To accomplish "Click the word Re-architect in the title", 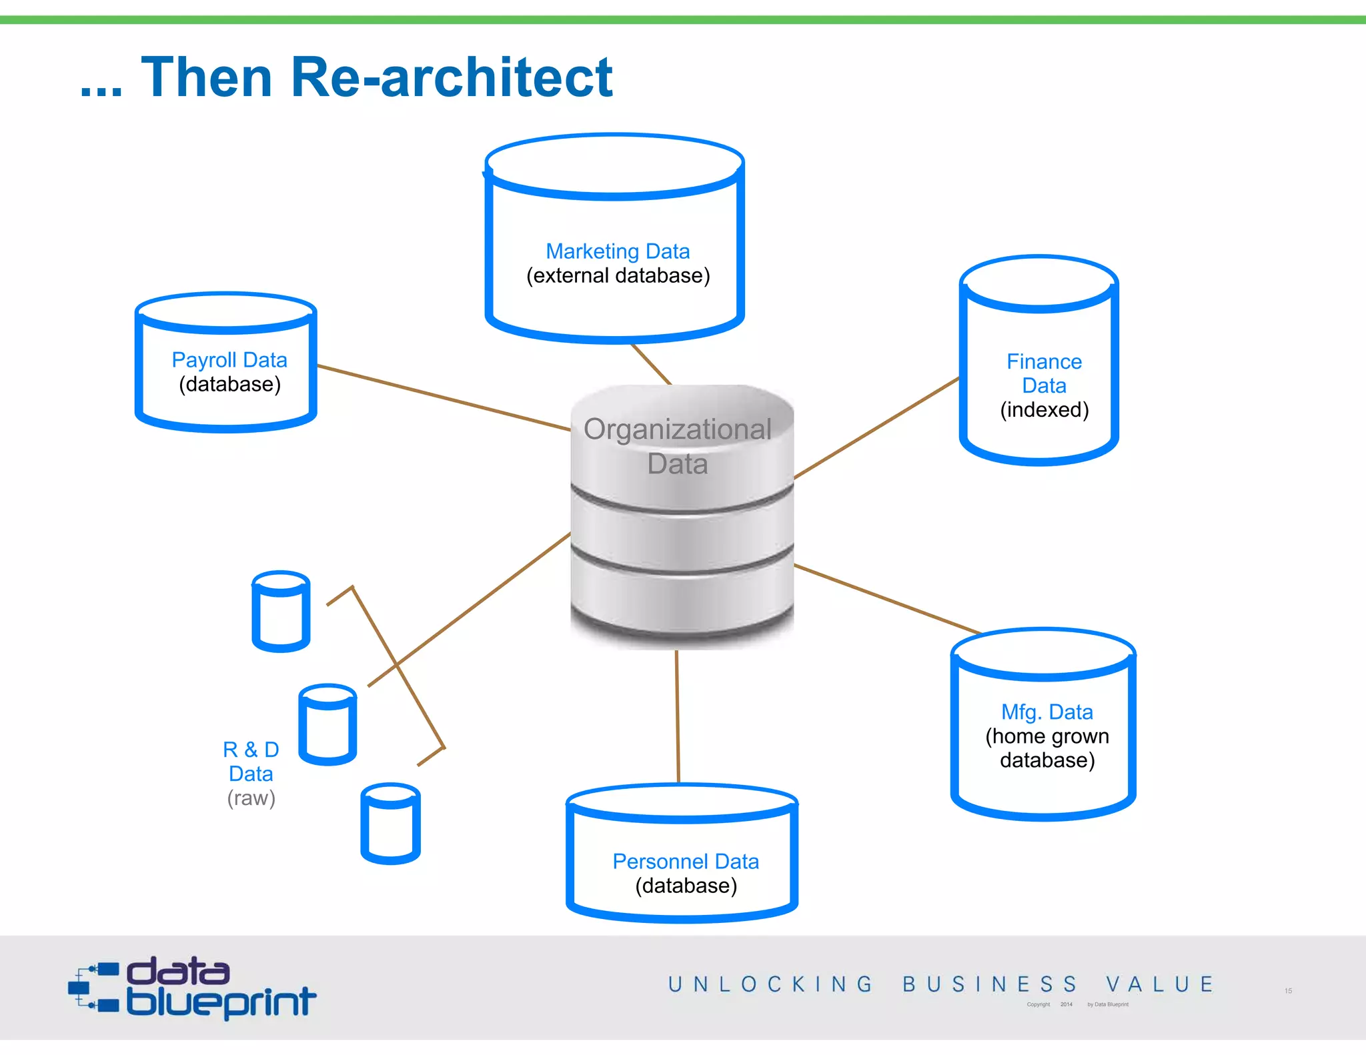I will [452, 77].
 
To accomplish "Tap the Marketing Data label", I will [617, 251].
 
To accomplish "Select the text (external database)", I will [618, 275].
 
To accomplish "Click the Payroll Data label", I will [229, 360].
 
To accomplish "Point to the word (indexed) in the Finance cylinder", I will [1044, 409].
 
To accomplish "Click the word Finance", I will [1044, 361].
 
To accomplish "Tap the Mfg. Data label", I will [1047, 712].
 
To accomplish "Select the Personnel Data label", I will [685, 862].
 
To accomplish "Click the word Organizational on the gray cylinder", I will [677, 429].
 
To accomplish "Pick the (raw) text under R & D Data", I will [251, 798].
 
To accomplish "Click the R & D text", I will [251, 750].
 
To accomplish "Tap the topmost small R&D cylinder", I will [281, 612].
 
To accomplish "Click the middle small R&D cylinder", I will [327, 725].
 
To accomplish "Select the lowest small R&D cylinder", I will [390, 824].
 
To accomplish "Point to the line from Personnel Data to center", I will [677, 717].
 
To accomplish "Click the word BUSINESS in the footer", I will [989, 984].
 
